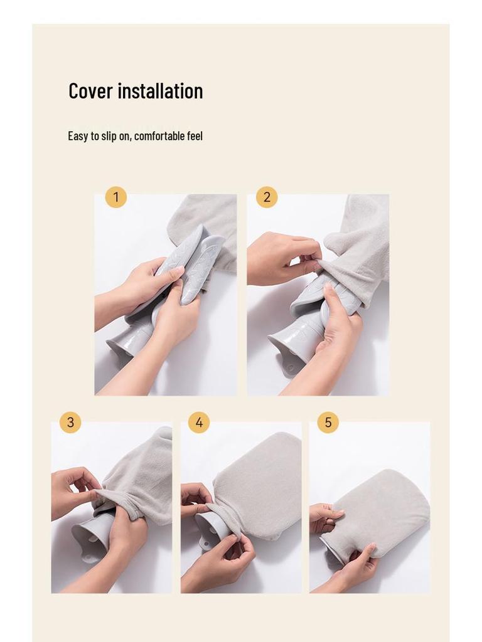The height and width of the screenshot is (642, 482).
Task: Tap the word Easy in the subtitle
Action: pyautogui.click(x=78, y=136)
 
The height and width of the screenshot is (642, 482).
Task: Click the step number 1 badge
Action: pyautogui.click(x=115, y=197)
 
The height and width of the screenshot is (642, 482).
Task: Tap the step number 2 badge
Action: pyautogui.click(x=267, y=197)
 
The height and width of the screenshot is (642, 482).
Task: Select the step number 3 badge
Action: pyautogui.click(x=70, y=423)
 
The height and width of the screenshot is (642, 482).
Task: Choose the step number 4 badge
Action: pyautogui.click(x=199, y=423)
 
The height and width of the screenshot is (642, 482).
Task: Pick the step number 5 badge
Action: pyautogui.click(x=328, y=423)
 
